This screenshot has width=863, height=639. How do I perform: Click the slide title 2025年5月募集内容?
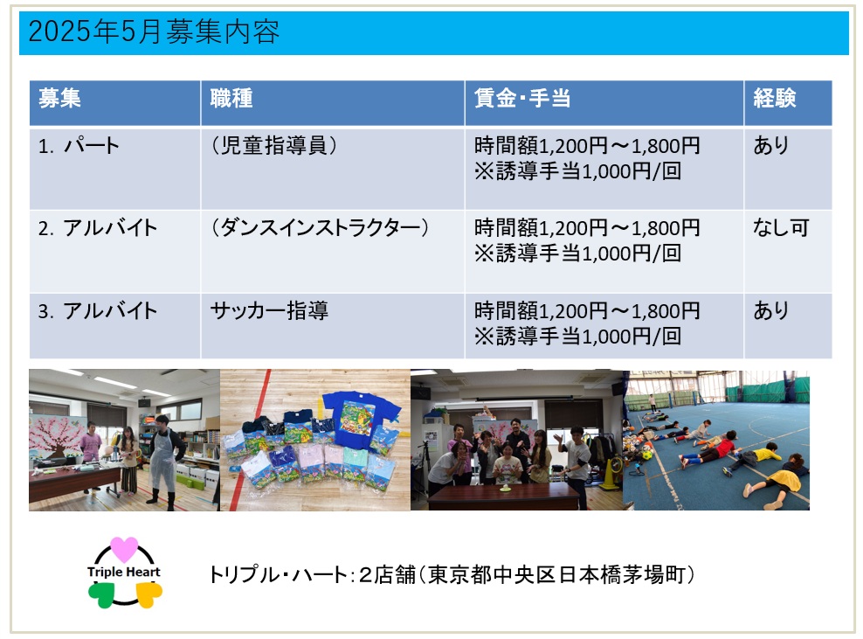(154, 31)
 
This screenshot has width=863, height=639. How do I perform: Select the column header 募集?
(59, 99)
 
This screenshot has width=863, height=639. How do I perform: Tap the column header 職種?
(231, 99)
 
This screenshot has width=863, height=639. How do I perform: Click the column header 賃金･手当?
(521, 99)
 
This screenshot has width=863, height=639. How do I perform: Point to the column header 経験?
(775, 99)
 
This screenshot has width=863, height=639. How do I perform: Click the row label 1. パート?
(79, 146)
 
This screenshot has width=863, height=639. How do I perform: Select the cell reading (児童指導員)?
(273, 146)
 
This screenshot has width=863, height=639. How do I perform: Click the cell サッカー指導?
(269, 310)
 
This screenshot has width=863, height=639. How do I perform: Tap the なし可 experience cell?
(781, 228)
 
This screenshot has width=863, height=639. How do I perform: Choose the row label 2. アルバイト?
(98, 228)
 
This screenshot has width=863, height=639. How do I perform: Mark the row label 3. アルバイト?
(98, 310)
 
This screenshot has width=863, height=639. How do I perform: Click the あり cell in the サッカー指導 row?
(770, 310)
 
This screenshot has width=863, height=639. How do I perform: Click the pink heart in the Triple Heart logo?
(124, 549)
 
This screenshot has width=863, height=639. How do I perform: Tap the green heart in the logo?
(102, 595)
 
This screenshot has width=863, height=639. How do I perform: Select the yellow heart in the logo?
(148, 595)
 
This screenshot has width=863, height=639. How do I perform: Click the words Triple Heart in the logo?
(124, 572)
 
